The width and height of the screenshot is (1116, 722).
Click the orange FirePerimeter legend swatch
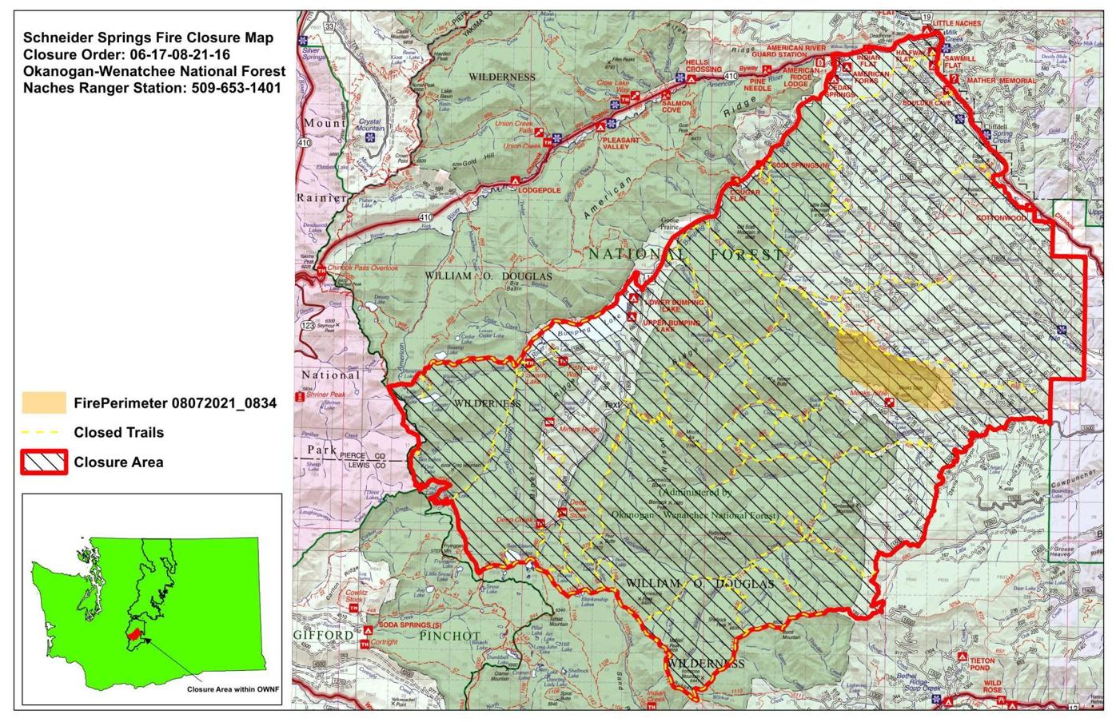tap(44, 403)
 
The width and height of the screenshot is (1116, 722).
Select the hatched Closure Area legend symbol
tap(44, 462)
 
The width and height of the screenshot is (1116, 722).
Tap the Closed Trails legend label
tap(118, 432)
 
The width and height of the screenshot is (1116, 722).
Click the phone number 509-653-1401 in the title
tap(236, 88)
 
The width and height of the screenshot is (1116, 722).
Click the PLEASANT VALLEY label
tap(621, 144)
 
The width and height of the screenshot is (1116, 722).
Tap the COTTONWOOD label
tap(1001, 218)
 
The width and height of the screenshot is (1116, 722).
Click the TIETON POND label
tap(982, 664)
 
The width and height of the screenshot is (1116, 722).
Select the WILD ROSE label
tap(992, 687)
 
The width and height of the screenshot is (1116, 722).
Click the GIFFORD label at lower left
tap(322, 636)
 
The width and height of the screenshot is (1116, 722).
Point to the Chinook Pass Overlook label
tap(364, 268)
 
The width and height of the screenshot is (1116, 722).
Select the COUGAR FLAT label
tap(743, 196)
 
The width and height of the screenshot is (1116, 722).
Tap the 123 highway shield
tap(308, 326)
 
